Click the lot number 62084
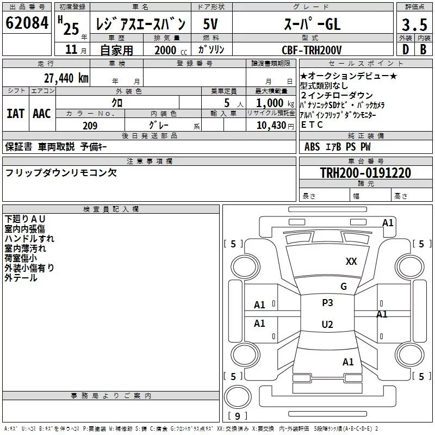(x=26, y=24)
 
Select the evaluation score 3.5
(x=414, y=24)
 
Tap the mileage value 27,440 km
(x=65, y=78)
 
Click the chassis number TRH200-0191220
(x=365, y=173)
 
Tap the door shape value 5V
(x=211, y=24)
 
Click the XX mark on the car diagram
(x=351, y=262)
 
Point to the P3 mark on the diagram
(x=327, y=303)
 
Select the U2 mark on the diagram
(x=327, y=325)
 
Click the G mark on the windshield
(x=343, y=287)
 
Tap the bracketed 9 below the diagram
(x=237, y=416)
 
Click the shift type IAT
(x=16, y=114)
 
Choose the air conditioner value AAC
(x=42, y=114)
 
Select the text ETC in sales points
(x=312, y=125)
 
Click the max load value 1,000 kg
(x=270, y=103)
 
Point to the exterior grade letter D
(x=405, y=49)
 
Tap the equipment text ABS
(x=313, y=147)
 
